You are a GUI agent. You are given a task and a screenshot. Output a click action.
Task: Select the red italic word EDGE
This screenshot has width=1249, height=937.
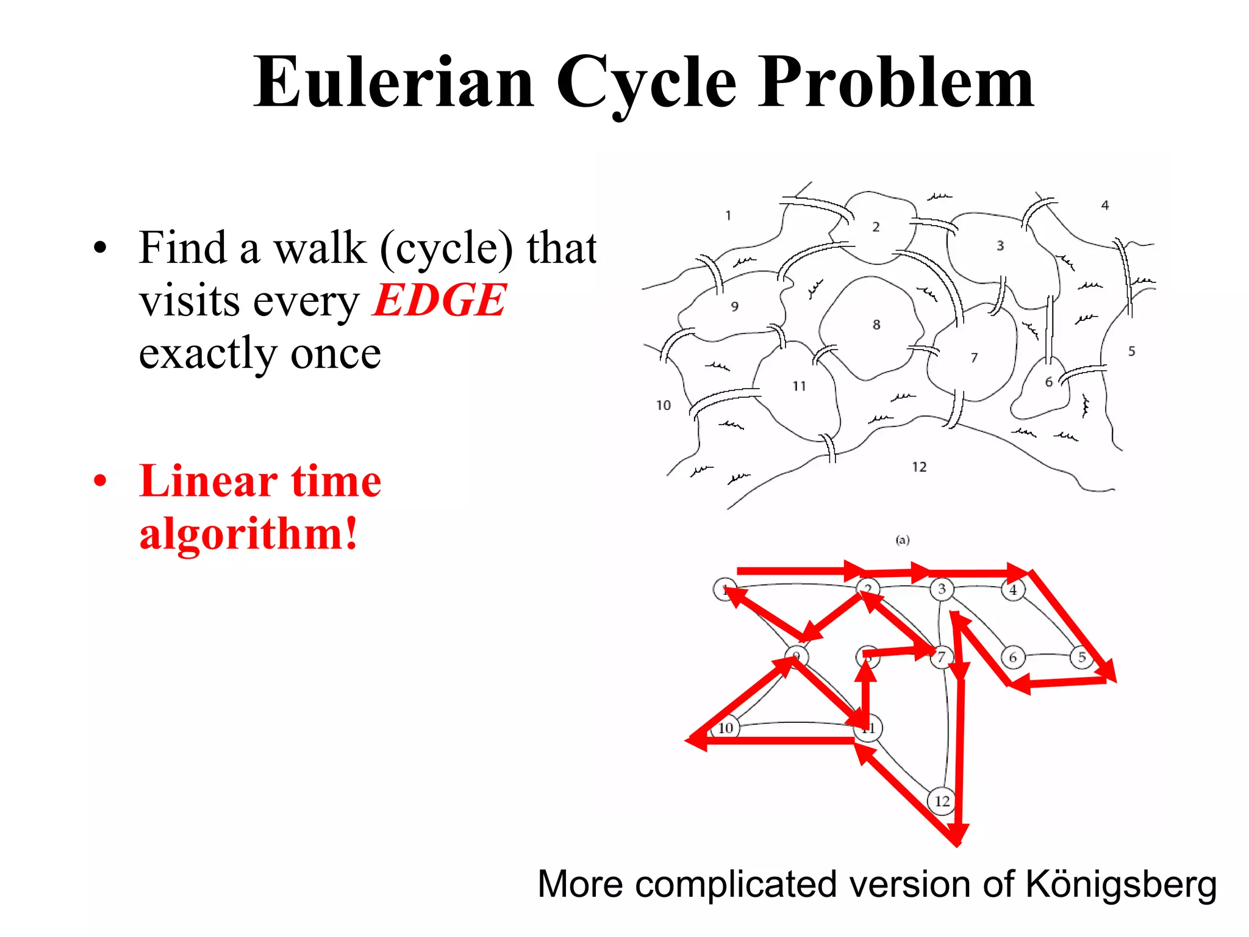439,300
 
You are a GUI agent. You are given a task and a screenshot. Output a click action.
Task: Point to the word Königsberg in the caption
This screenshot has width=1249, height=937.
1121,884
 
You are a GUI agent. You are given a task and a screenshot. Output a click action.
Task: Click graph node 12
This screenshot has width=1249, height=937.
942,801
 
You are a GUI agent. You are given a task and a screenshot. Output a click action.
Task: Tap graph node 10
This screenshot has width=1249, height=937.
725,728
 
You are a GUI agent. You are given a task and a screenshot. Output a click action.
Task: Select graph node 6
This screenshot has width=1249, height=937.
1013,658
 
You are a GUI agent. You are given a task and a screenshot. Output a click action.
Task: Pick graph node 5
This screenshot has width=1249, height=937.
1082,658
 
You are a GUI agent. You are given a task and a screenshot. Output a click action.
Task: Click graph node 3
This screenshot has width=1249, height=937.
942,589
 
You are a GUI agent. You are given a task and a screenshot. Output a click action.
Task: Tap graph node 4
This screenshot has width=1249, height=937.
1013,590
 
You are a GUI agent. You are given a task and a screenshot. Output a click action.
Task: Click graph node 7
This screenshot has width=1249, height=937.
942,657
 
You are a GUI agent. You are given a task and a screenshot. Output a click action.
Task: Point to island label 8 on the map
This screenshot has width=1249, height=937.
876,325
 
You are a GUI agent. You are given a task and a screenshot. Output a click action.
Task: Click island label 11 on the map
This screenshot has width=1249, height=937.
799,386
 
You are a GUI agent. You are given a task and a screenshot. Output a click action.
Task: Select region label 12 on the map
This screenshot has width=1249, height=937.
919,467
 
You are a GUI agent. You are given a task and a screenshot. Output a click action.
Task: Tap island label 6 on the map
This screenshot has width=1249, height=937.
1049,382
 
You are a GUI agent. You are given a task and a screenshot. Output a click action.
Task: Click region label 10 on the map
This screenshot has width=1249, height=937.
664,405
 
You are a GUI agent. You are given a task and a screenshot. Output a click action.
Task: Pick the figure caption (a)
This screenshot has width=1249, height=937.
903,540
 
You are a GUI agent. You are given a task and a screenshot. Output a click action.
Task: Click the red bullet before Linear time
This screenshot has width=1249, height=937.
100,481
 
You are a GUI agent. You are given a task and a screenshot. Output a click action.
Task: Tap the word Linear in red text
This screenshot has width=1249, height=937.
207,481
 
